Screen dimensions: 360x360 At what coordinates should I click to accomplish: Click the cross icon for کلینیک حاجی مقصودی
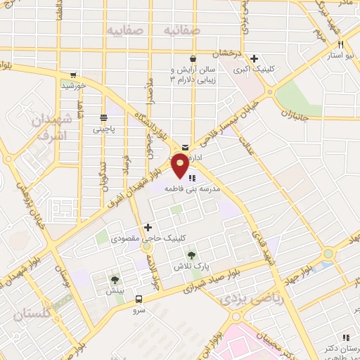tap(148, 227)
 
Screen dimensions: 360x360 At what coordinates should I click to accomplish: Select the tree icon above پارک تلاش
tap(191, 255)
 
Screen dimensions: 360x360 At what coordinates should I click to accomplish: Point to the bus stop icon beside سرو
tap(139, 298)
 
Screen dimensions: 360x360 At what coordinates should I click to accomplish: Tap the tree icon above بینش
tap(115, 279)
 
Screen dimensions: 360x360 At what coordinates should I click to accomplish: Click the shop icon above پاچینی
tap(103, 117)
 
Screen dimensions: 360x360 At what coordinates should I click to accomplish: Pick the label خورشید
tap(73, 86)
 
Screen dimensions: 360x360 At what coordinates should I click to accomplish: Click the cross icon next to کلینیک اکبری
tap(255, 59)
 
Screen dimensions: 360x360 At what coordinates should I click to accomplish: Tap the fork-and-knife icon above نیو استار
tap(340, 44)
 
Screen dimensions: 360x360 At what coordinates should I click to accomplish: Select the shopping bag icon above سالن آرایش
tap(193, 59)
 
